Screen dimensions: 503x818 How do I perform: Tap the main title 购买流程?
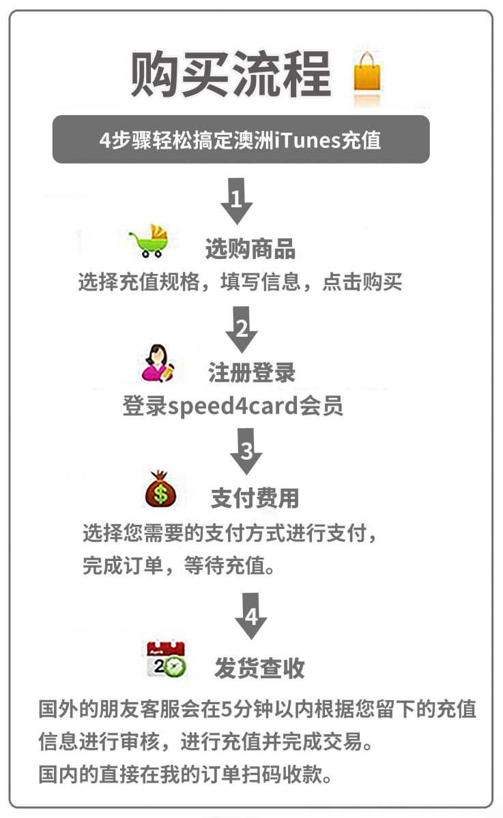click(x=231, y=74)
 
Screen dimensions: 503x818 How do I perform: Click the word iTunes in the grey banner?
click(x=307, y=140)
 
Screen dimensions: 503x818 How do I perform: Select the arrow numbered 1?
click(x=237, y=201)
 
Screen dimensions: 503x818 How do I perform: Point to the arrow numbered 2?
click(x=242, y=329)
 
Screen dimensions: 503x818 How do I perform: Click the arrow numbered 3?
click(x=246, y=451)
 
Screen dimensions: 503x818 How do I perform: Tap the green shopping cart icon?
click(x=150, y=241)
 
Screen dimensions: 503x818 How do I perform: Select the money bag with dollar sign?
click(x=160, y=489)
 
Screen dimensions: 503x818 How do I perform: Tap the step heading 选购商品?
click(x=250, y=249)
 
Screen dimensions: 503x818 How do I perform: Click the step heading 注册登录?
click(x=252, y=373)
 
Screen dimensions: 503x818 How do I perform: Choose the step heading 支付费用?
click(x=255, y=498)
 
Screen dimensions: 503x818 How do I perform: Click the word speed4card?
click(x=233, y=406)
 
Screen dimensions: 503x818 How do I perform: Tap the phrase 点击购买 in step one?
click(x=362, y=282)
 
